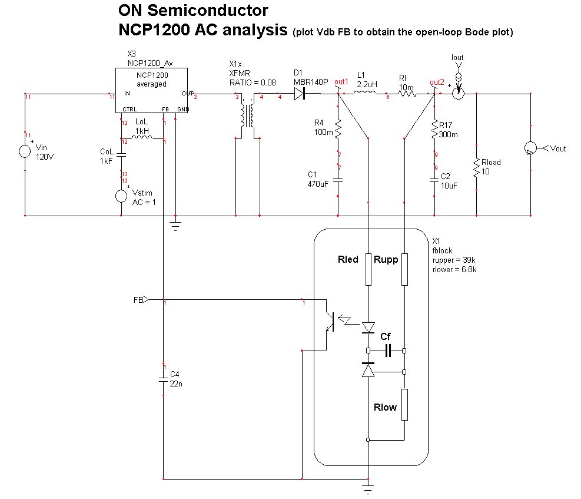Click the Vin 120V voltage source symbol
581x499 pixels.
tap(25, 151)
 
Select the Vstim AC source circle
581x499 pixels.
tap(121, 196)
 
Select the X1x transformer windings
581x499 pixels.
tap(247, 117)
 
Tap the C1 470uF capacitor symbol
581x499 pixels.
tap(338, 181)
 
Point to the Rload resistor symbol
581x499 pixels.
tap(476, 168)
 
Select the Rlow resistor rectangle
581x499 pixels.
tap(404, 404)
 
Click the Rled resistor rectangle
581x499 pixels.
tap(368, 269)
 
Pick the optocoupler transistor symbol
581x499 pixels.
tap(329, 320)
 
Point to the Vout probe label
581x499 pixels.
tap(557, 148)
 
